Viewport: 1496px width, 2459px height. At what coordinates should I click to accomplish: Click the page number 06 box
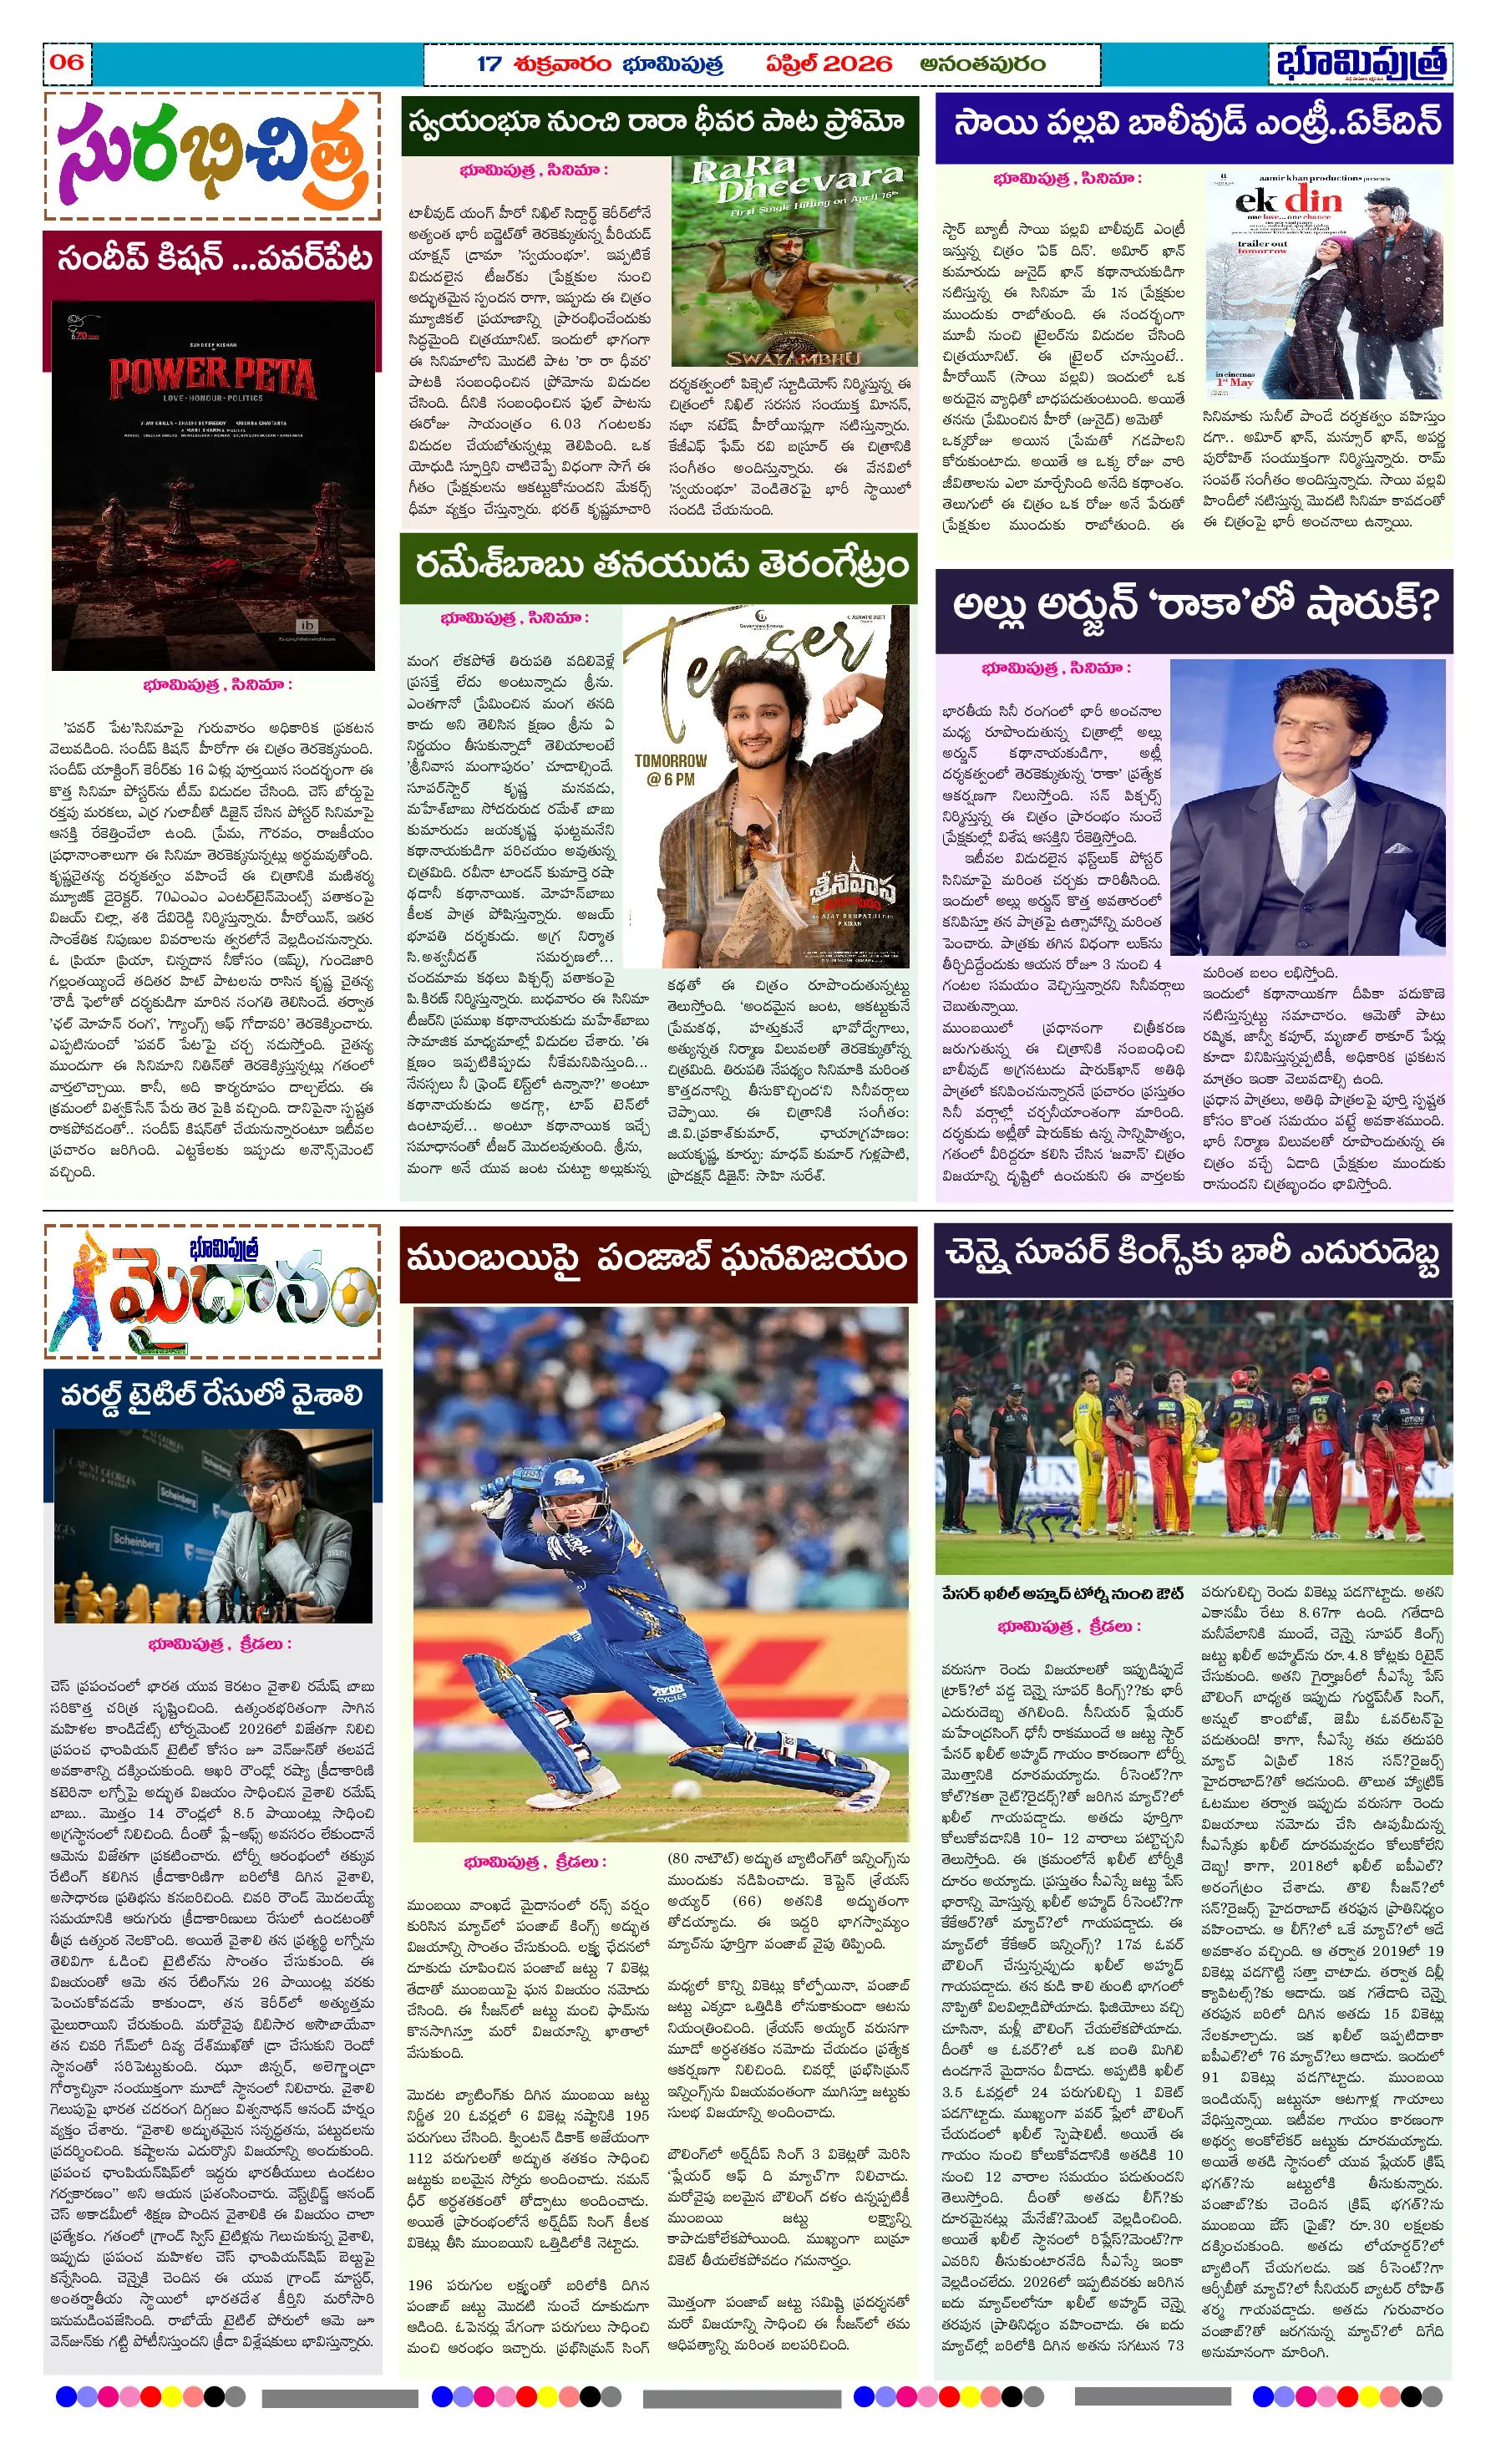point(67,62)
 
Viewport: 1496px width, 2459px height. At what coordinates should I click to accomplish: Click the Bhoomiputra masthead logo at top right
point(1361,63)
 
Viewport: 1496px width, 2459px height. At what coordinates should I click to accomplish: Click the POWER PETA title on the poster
point(212,379)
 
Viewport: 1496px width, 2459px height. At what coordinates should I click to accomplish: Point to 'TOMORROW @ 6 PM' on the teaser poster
point(670,769)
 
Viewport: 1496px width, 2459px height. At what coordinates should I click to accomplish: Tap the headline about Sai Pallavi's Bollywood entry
point(1194,124)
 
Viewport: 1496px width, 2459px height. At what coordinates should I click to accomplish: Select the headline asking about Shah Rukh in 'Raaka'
point(1194,606)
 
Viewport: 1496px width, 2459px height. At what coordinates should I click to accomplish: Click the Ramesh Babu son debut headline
point(660,566)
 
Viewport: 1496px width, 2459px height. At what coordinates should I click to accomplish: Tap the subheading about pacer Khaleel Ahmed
point(1062,1593)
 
